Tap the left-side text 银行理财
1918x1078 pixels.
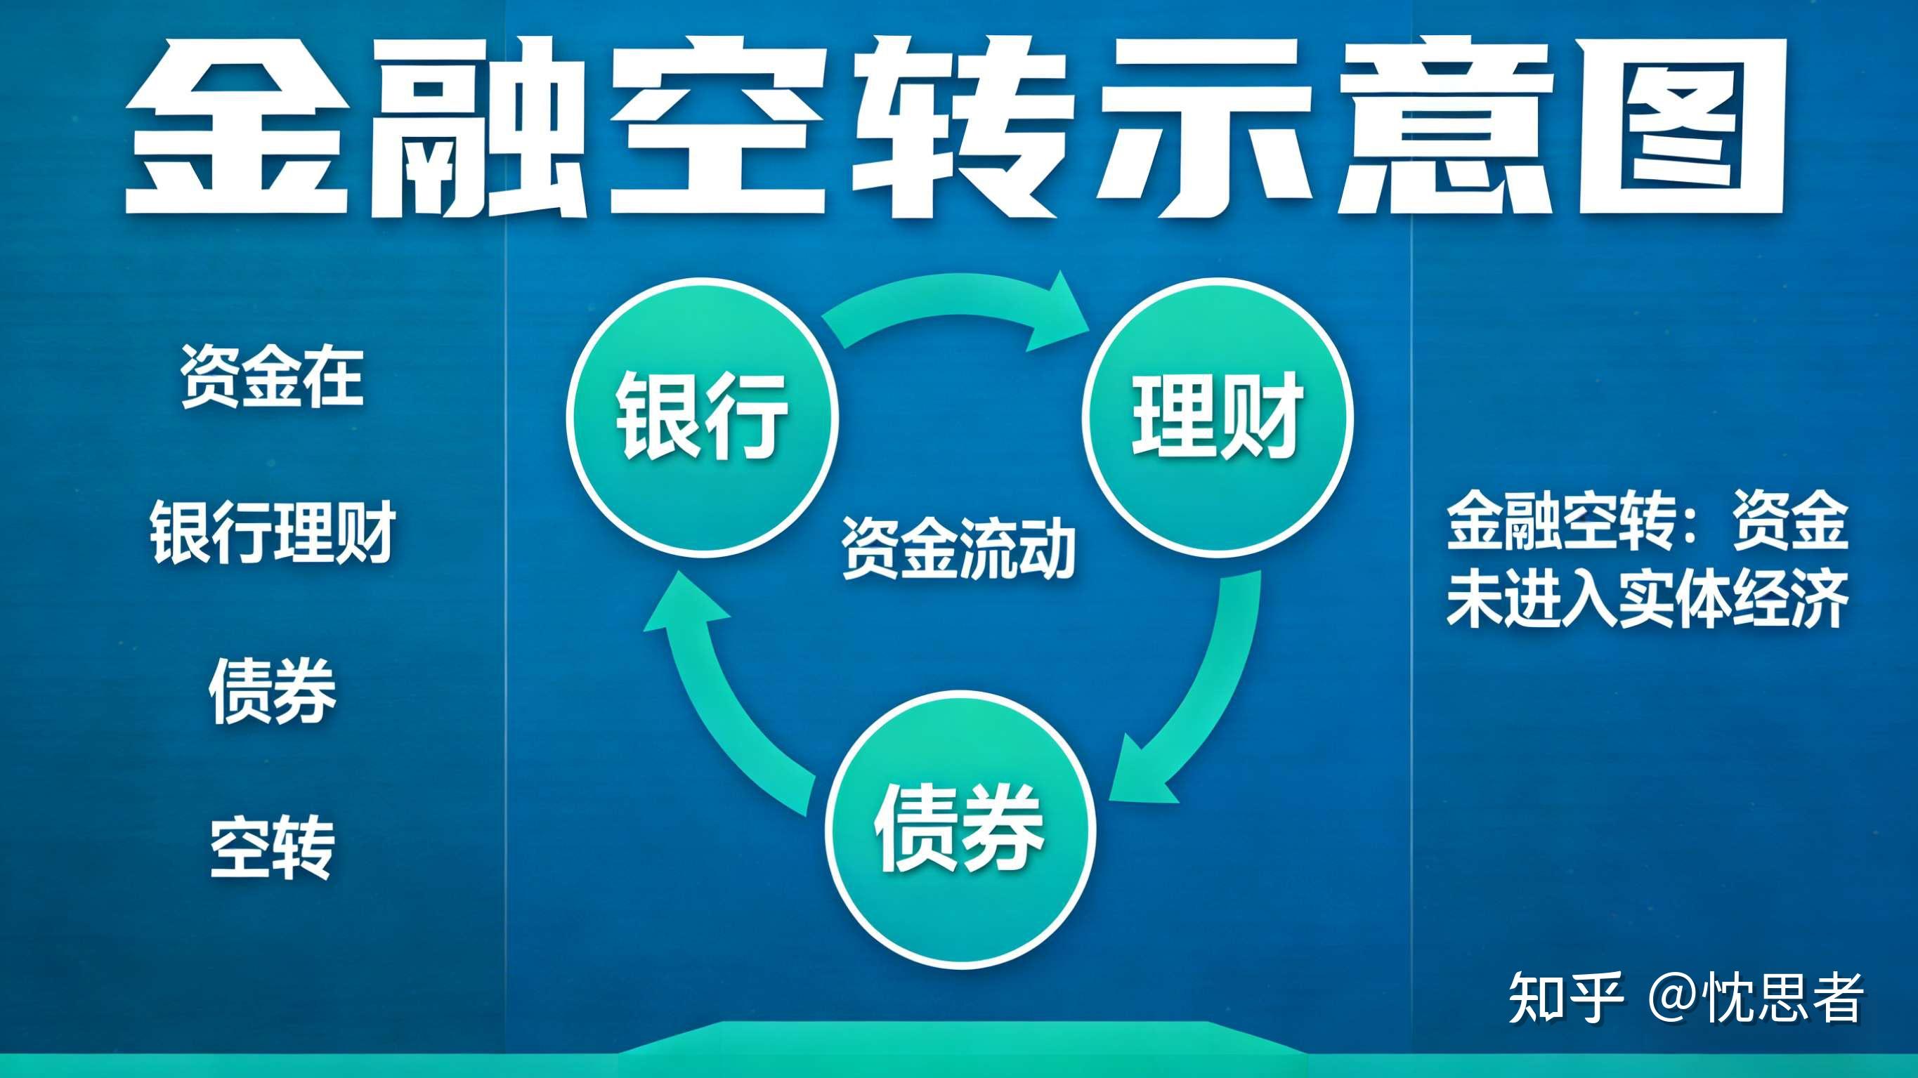(x=272, y=532)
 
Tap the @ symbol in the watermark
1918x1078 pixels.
(x=1676, y=999)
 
